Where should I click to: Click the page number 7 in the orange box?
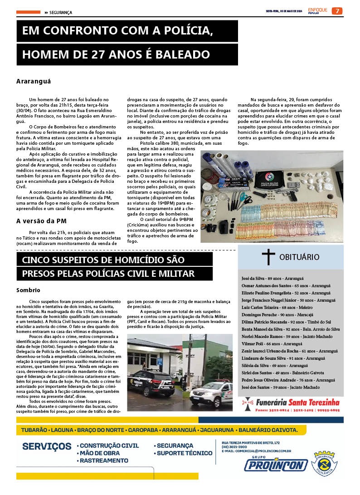[x=337, y=11]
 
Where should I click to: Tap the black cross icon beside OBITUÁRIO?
[x=268, y=257]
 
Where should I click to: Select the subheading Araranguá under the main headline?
[x=34, y=81]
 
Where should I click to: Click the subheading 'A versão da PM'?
[x=41, y=221]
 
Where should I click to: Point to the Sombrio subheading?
[x=28, y=290]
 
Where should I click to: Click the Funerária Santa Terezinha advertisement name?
[x=297, y=402]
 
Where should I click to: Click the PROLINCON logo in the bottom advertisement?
[x=276, y=465]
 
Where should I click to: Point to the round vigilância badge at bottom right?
[x=325, y=464]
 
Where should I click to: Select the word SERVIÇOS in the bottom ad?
[x=47, y=446]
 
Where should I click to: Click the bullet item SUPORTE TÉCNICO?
[x=185, y=453]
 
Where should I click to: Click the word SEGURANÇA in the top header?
[x=61, y=12]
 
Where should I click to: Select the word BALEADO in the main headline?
[x=185, y=55]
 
